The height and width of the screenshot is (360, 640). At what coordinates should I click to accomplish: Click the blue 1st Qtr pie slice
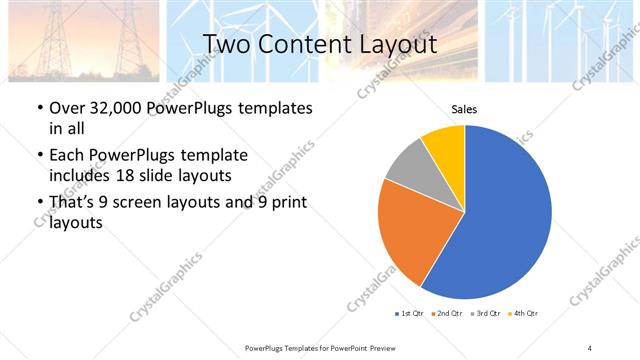click(500, 220)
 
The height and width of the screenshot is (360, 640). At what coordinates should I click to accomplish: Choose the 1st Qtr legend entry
click(410, 314)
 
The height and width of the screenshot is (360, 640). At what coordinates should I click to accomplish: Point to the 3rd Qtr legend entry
click(486, 314)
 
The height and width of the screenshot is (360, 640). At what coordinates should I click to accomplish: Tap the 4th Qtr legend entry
click(524, 314)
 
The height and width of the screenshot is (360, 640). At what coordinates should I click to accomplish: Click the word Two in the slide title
click(226, 44)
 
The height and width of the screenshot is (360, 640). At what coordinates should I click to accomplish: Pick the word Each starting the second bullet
click(66, 155)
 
